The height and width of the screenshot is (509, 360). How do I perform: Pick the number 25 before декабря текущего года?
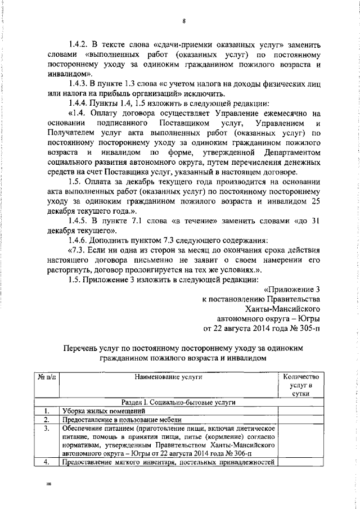point(316,201)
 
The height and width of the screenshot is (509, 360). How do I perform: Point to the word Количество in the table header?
point(301,377)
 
